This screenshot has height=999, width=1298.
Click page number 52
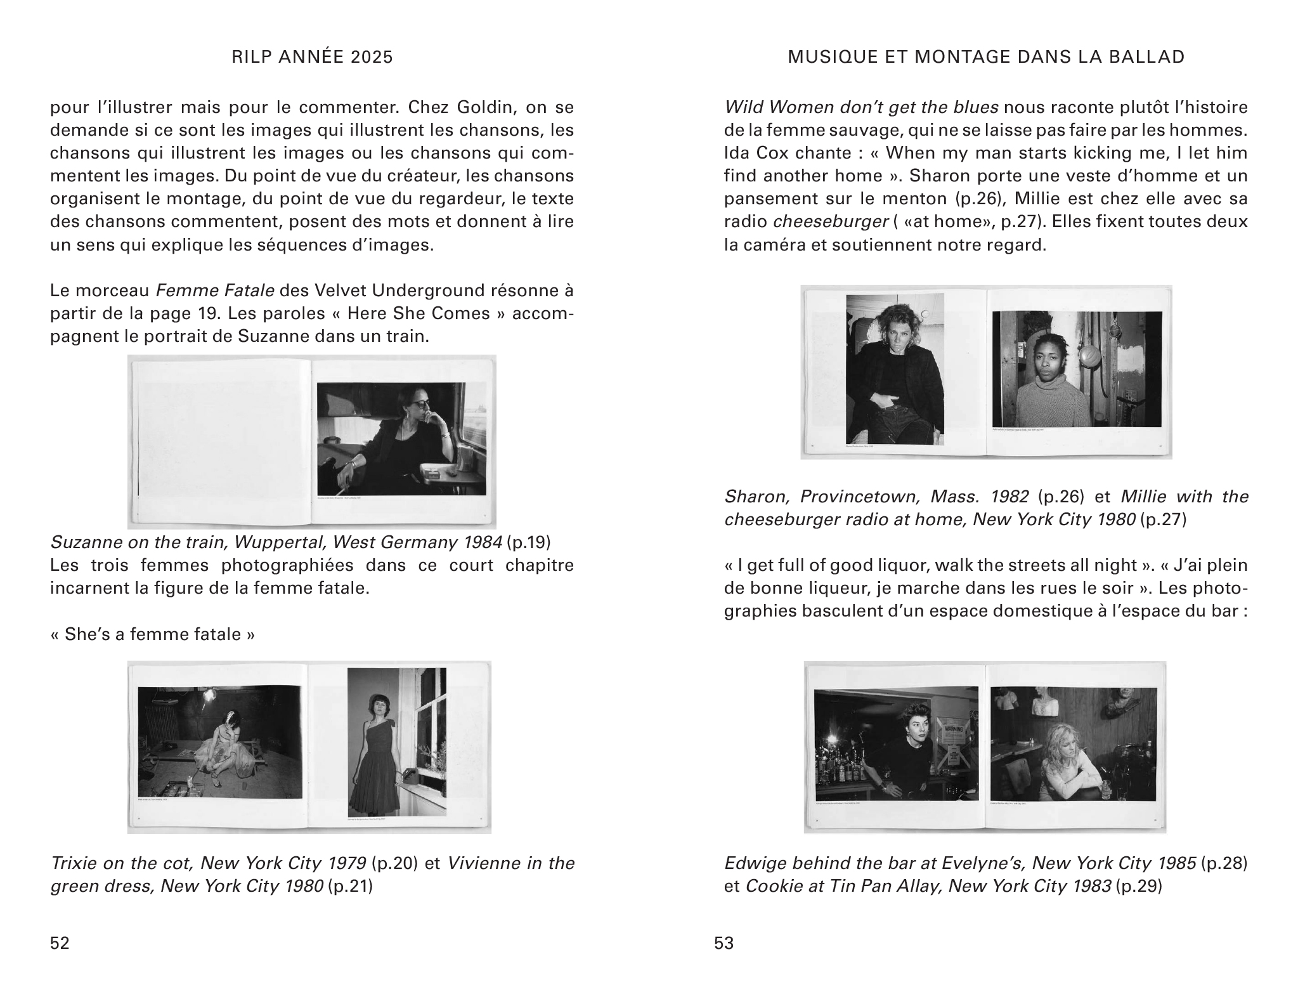pos(60,943)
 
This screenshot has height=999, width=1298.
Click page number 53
pos(724,943)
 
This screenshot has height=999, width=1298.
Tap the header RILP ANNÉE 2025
pos(312,58)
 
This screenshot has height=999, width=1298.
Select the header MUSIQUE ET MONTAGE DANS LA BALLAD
pos(986,58)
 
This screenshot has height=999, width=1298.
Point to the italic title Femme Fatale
pos(215,291)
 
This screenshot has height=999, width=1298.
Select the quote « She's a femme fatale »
pos(153,634)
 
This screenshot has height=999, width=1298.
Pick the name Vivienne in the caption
pos(489,863)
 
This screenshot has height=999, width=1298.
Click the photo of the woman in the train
pos(401,439)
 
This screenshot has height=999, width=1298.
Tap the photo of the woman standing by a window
pos(397,741)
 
